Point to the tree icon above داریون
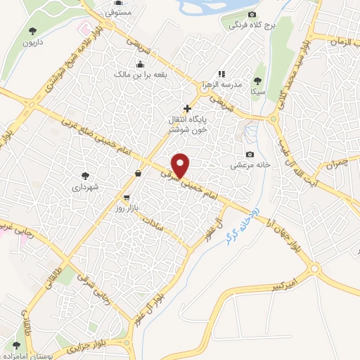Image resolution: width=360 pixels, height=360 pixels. (32, 30)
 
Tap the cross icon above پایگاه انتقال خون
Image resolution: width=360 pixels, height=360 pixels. (187, 108)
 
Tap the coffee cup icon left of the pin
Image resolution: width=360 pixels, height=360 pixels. (138, 172)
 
